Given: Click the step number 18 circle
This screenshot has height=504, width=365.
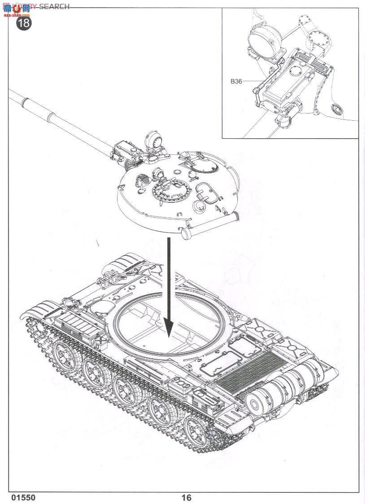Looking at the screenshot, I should pyautogui.click(x=24, y=22).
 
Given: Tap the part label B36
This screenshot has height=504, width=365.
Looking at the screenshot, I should pyautogui.click(x=236, y=81).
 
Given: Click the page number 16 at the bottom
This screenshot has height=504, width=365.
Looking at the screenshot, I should pyautogui.click(x=186, y=497).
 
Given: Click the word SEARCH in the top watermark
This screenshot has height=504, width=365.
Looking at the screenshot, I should pyautogui.click(x=54, y=6).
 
